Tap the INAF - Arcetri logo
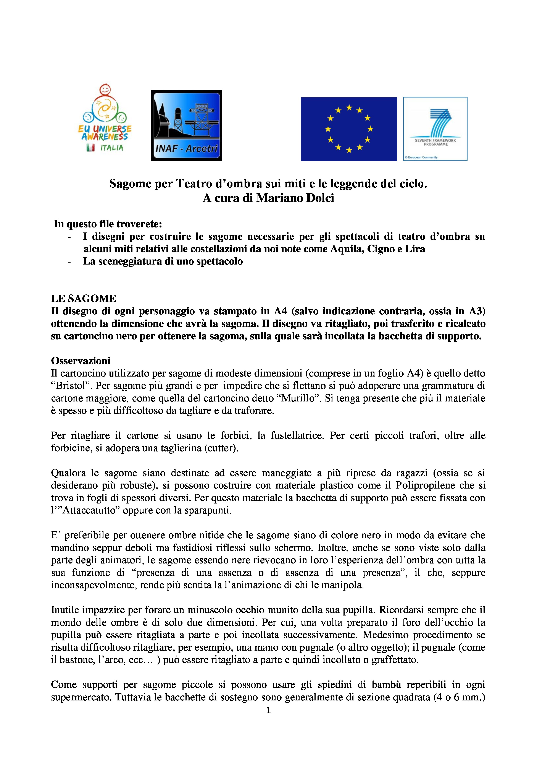coord(187,125)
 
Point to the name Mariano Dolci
coord(295,198)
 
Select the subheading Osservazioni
coord(81,361)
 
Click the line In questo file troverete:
coord(108,224)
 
